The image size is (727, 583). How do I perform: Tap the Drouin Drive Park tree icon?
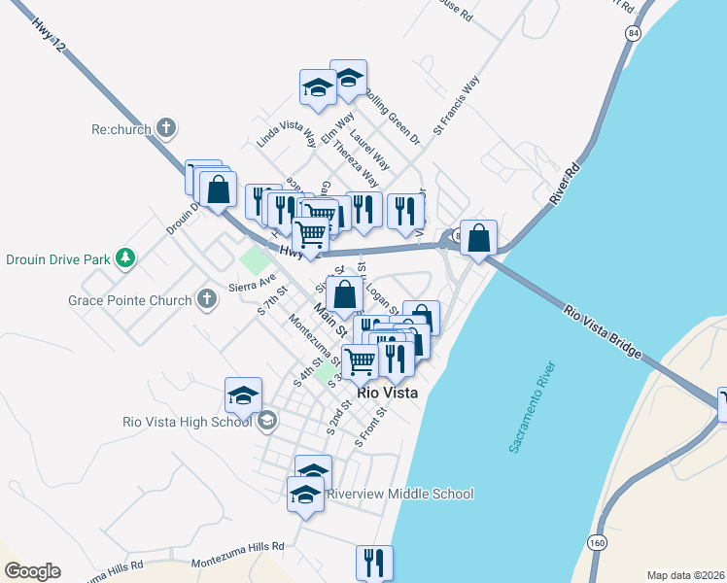(x=124, y=257)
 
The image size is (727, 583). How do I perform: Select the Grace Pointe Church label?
(x=130, y=300)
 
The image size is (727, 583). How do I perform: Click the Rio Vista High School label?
(x=188, y=421)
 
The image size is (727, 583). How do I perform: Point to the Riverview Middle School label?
(x=399, y=494)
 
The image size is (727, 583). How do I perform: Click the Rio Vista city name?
(x=388, y=394)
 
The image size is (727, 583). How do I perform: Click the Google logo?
(x=32, y=571)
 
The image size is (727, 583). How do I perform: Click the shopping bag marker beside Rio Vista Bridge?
(x=479, y=237)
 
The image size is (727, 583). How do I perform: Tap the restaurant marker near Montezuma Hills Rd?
(x=374, y=562)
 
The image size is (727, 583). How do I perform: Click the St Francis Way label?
(x=456, y=105)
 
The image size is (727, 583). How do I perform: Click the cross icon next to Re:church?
(x=166, y=127)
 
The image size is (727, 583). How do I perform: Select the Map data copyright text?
(x=685, y=575)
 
